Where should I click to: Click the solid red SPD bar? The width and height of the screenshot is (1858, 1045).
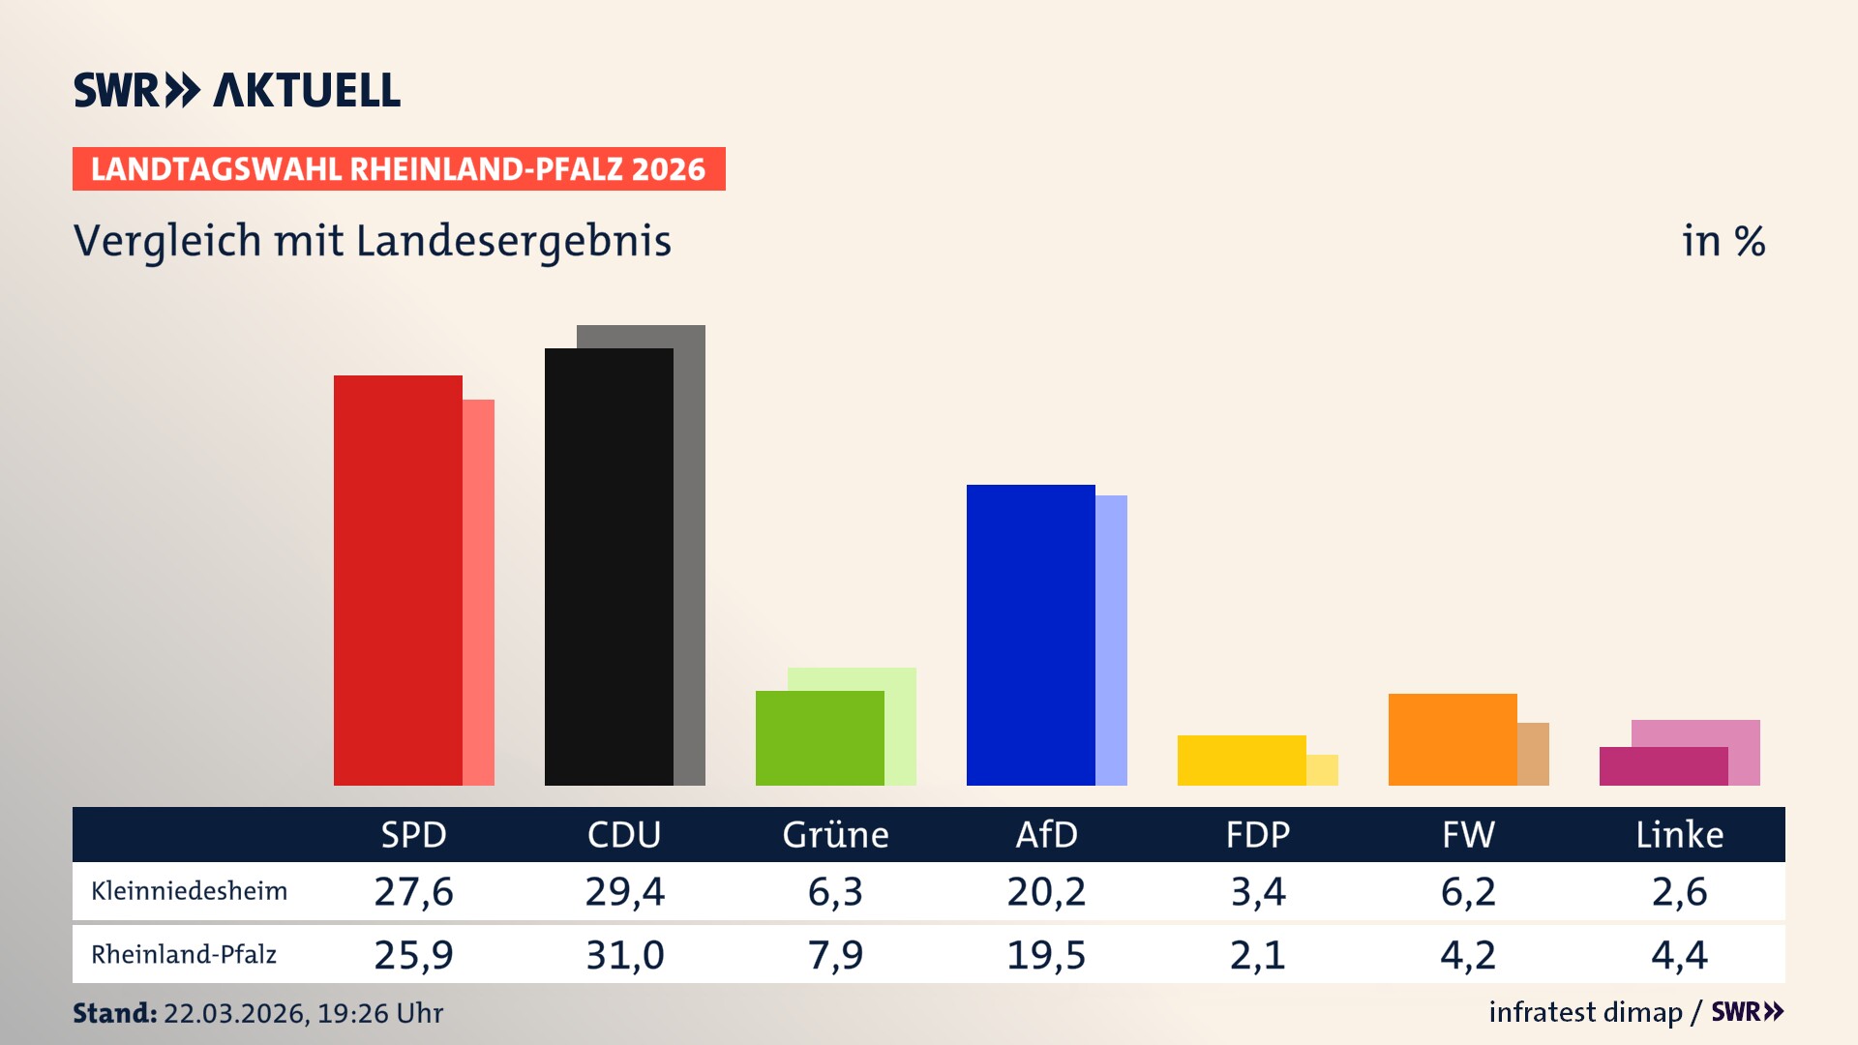tap(398, 581)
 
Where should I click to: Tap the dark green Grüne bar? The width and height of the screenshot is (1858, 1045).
tap(820, 738)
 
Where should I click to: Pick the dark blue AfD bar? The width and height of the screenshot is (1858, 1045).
tap(1031, 635)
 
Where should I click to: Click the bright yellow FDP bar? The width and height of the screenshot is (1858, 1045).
tap(1242, 761)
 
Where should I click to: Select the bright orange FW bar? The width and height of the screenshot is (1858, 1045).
tap(1453, 739)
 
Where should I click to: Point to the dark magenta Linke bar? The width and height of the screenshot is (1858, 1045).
tap(1663, 766)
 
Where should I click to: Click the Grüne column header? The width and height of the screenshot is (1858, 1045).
tap(835, 835)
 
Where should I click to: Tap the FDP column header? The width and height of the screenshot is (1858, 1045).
tap(1257, 835)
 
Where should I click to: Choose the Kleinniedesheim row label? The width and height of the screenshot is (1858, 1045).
tap(189, 891)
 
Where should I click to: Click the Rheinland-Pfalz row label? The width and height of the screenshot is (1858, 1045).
tap(184, 955)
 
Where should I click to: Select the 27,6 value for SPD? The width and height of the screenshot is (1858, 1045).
tap(413, 891)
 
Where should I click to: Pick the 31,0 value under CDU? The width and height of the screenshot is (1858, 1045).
tap(624, 955)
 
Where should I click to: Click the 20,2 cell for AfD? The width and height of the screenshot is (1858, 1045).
tap(1046, 891)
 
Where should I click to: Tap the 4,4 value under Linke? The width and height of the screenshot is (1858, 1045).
tap(1679, 955)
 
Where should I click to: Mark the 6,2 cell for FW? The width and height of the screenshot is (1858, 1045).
tap(1468, 891)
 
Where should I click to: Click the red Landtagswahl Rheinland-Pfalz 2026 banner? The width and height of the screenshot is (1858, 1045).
tap(399, 169)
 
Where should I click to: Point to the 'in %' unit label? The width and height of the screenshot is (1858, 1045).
tap(1723, 242)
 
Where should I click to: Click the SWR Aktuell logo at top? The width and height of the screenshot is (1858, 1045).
tap(237, 90)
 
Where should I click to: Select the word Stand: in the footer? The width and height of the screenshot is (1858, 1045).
tap(114, 1013)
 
